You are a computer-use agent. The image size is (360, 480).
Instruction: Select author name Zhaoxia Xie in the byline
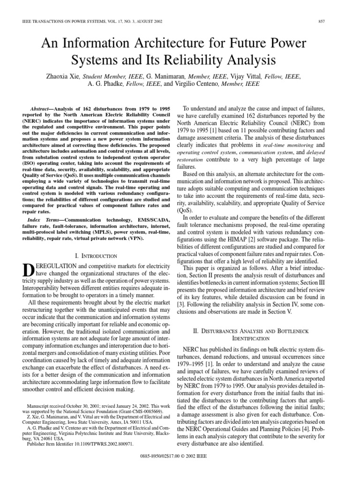(x=62, y=76)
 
